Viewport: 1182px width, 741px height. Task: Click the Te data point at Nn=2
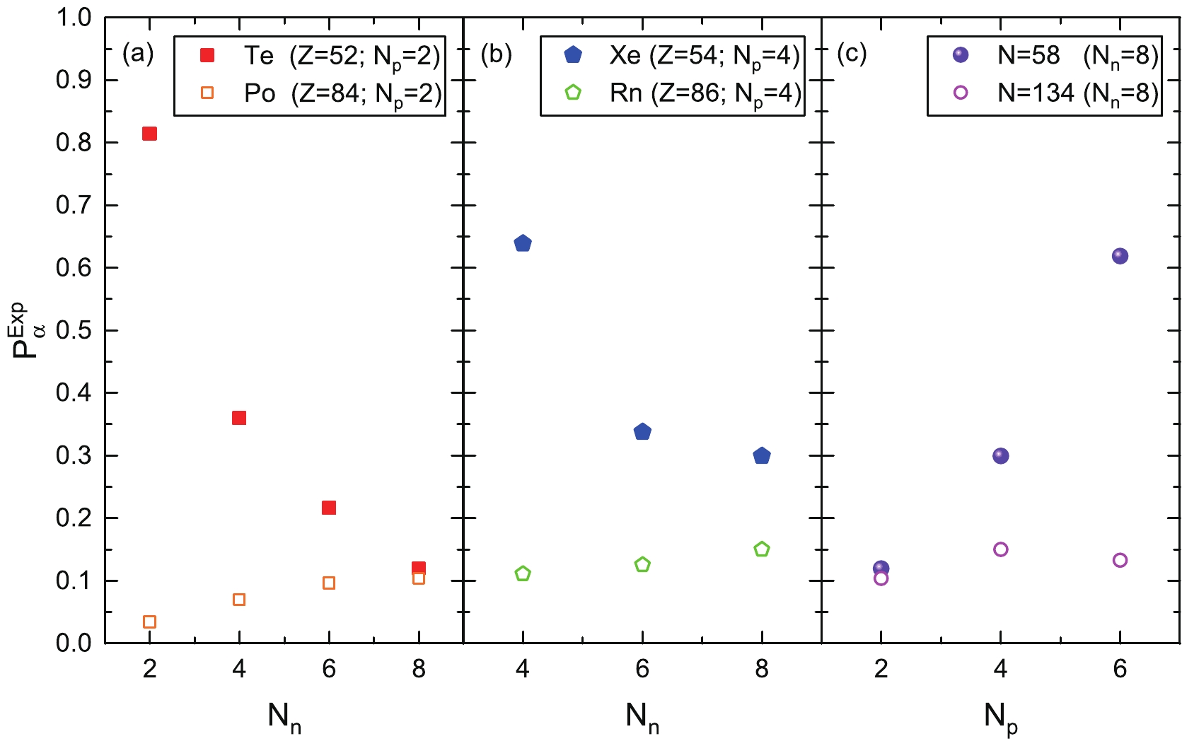click(x=149, y=134)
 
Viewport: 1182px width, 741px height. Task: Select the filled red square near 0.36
click(x=239, y=418)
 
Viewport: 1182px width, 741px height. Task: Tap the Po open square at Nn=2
click(x=149, y=622)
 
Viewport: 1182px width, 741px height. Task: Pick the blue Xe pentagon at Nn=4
click(x=523, y=244)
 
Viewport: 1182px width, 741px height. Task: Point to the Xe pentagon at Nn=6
click(x=642, y=432)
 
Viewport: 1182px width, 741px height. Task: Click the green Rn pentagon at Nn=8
click(x=762, y=549)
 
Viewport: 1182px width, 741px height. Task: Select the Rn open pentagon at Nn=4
click(x=523, y=573)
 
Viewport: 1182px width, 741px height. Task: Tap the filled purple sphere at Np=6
click(x=1120, y=256)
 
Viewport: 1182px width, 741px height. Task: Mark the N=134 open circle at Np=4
click(x=1000, y=549)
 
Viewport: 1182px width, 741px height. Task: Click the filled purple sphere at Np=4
click(x=1000, y=456)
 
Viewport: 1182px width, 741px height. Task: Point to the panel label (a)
click(x=138, y=54)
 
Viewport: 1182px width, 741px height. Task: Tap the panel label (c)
click(x=852, y=54)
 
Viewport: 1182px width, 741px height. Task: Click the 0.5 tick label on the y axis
click(x=74, y=330)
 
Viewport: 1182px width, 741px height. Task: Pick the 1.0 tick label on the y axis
click(x=74, y=18)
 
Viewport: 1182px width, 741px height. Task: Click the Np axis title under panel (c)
click(x=1000, y=718)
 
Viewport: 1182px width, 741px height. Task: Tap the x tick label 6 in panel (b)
click(x=642, y=669)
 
